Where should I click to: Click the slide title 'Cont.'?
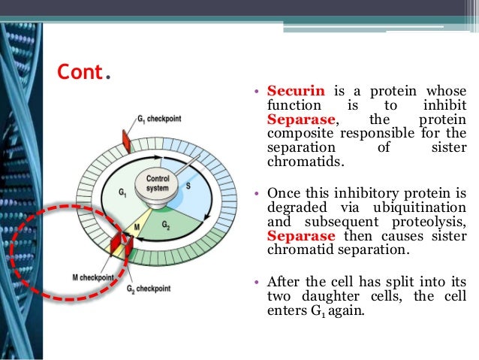pyautogui.click(x=85, y=73)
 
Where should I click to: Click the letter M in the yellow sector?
pyautogui.click(x=137, y=224)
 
